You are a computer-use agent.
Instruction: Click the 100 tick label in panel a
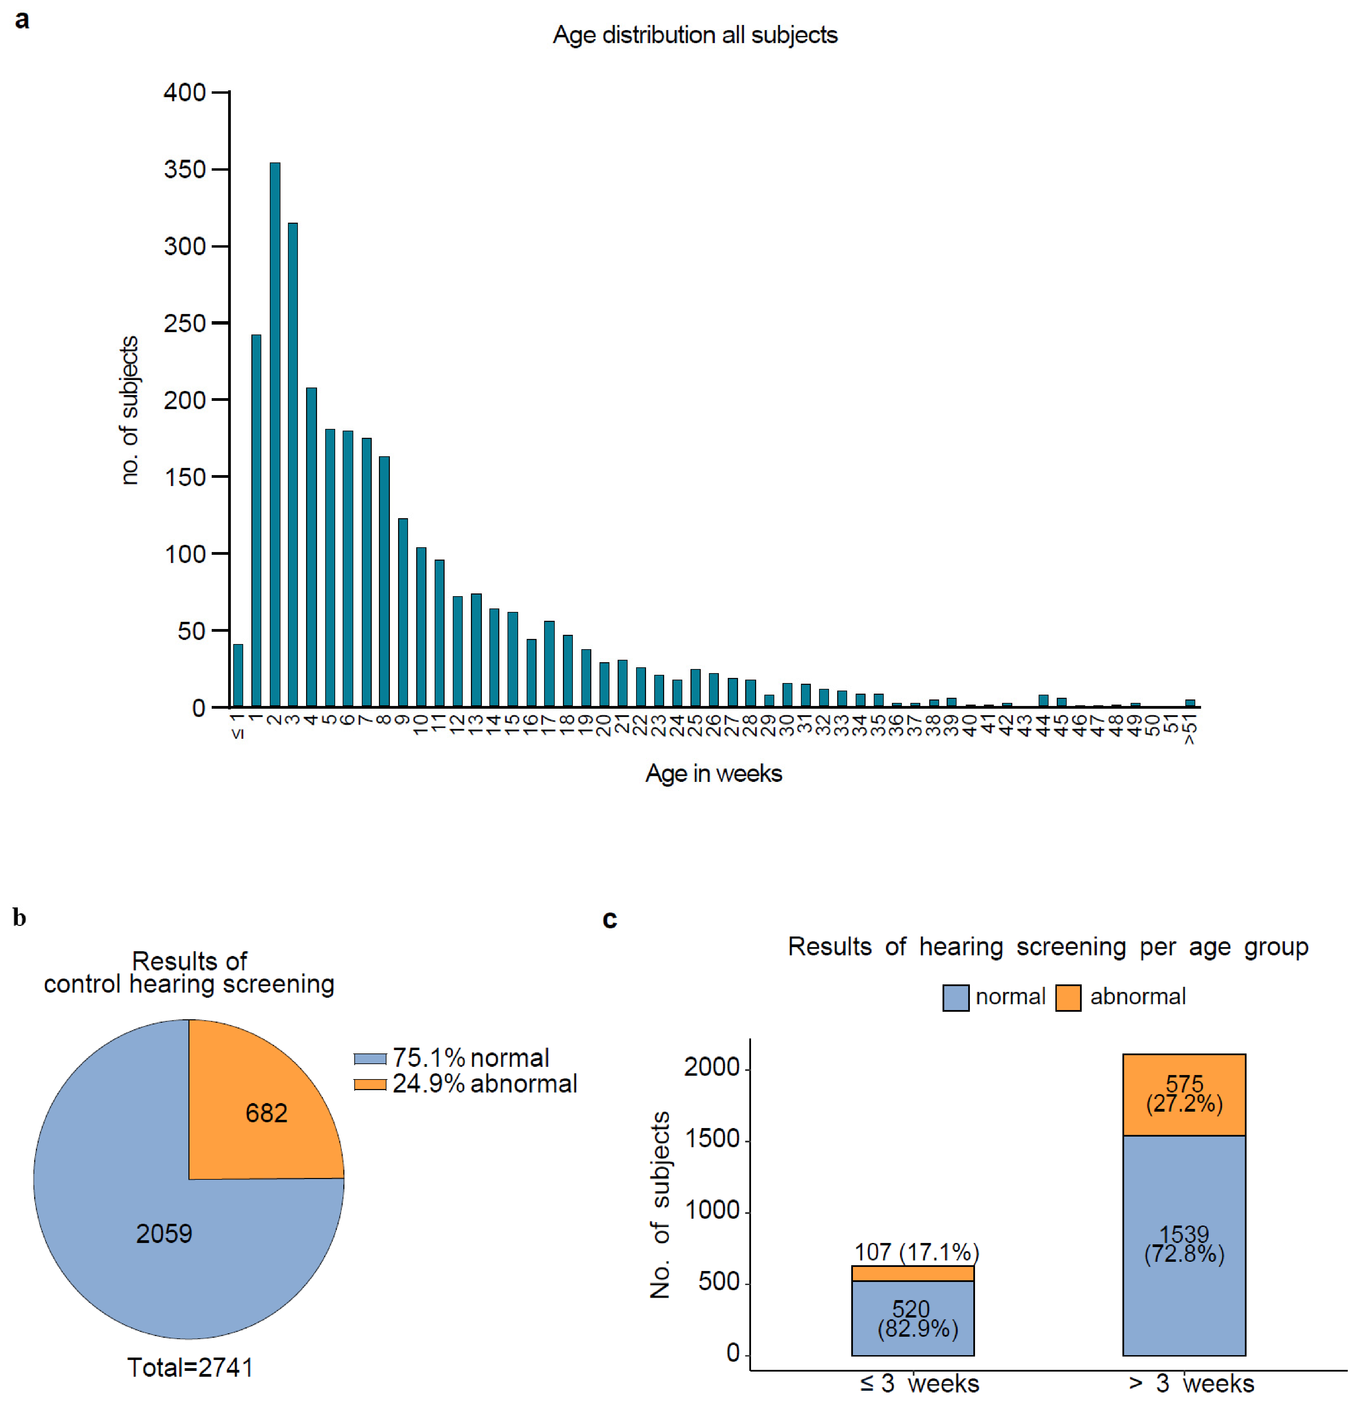pos(185,554)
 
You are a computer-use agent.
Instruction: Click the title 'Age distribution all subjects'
pos(695,35)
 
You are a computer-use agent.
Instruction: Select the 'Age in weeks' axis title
pos(713,773)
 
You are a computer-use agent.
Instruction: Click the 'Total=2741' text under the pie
pos(190,1367)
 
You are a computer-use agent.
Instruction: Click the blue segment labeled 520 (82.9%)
pos(913,1318)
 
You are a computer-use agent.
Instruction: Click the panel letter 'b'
pos(19,918)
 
